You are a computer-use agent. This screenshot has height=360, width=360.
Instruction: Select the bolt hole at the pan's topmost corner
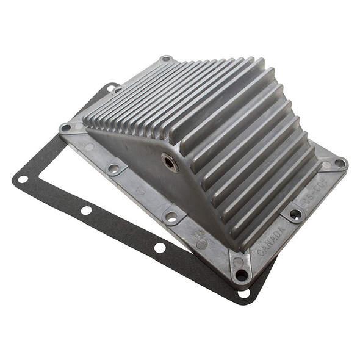coord(165,60)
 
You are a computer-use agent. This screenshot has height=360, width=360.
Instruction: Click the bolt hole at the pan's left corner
coord(65,128)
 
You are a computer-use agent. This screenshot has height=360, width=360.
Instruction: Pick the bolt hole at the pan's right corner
coord(339,163)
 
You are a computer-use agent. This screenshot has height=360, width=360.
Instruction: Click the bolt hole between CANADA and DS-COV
coord(295,214)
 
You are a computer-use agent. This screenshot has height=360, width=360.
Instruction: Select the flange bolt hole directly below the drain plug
coord(171,217)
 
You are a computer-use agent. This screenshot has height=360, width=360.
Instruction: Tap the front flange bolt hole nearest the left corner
coord(113,167)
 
